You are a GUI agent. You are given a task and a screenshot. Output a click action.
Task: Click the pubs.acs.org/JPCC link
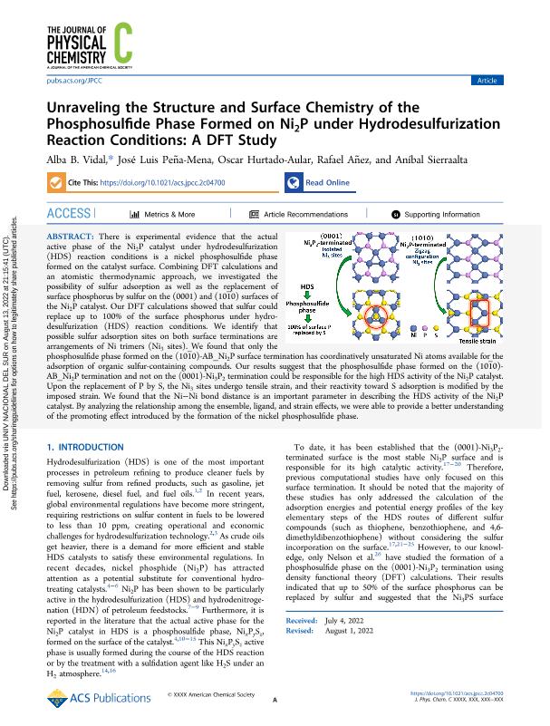point(67,80)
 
